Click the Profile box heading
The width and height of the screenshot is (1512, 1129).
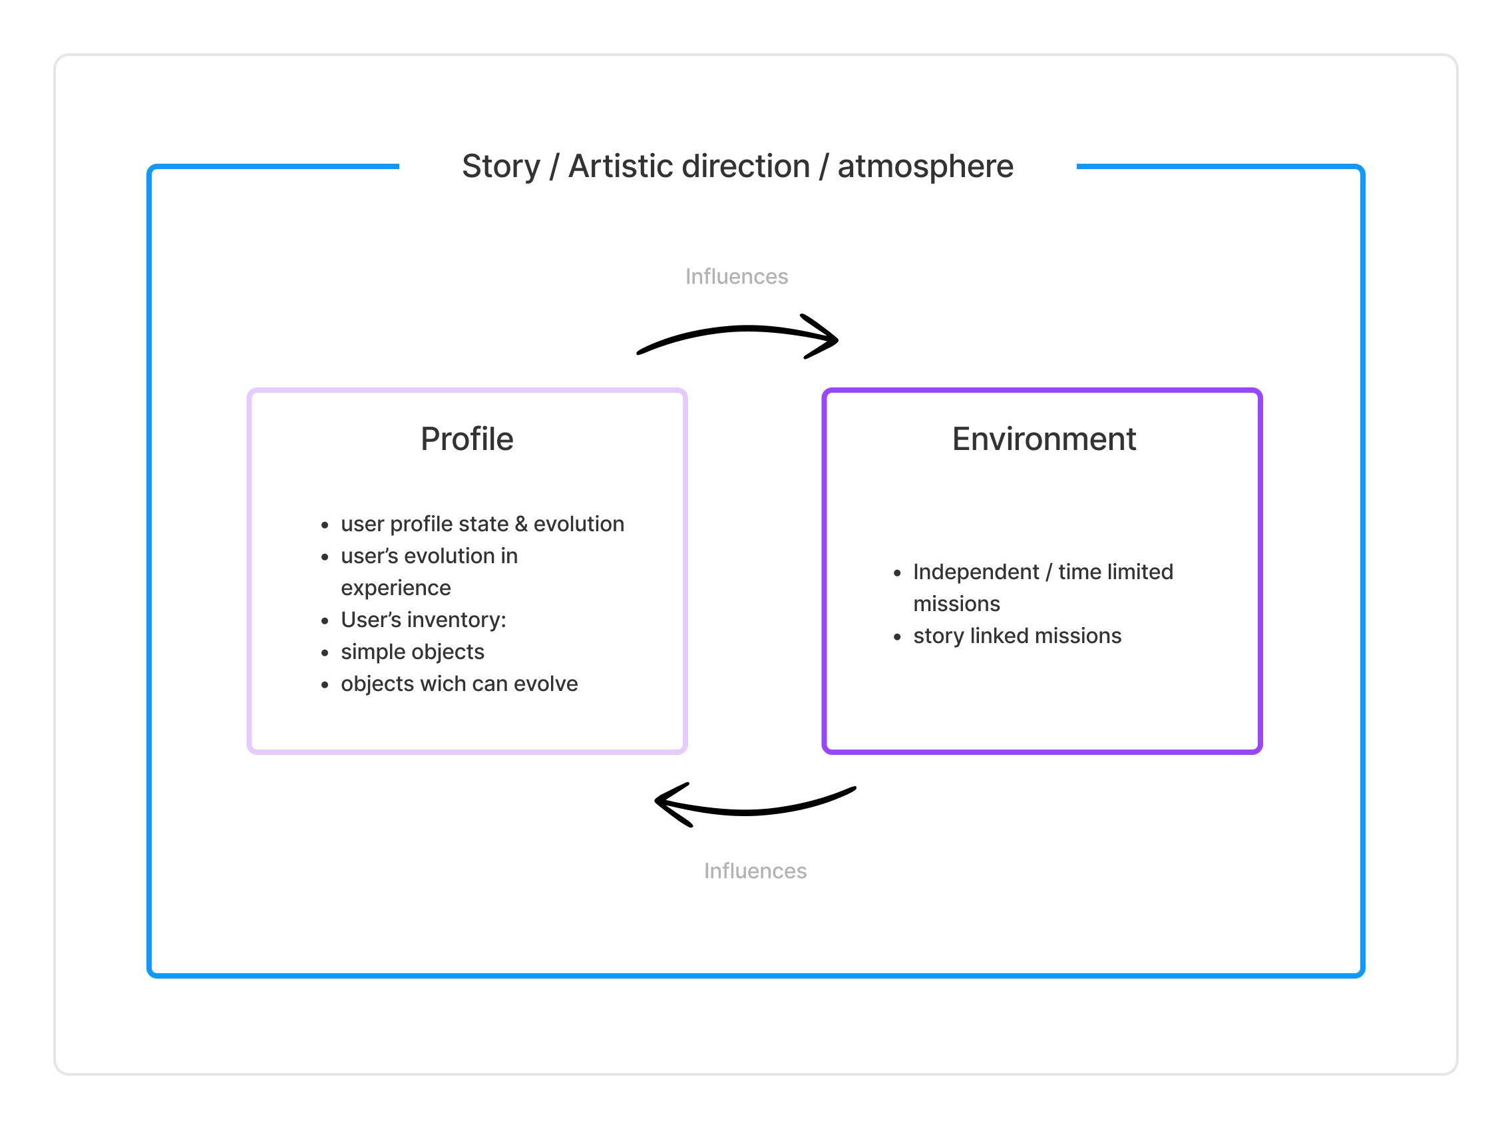click(467, 439)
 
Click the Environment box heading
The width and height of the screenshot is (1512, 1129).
click(1043, 439)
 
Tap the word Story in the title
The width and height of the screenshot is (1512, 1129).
click(501, 166)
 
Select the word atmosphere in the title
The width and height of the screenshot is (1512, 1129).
click(925, 166)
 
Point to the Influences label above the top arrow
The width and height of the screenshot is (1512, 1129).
click(737, 276)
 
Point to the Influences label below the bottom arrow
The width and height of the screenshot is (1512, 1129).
click(755, 871)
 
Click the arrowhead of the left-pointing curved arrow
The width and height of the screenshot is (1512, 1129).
click(666, 802)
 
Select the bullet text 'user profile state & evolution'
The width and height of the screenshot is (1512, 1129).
click(482, 524)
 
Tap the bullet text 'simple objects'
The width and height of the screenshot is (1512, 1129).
click(413, 652)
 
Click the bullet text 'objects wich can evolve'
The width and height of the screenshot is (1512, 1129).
click(459, 684)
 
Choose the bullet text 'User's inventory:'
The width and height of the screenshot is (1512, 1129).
click(424, 620)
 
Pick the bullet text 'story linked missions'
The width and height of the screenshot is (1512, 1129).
click(1018, 636)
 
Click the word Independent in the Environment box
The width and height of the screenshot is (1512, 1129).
click(976, 572)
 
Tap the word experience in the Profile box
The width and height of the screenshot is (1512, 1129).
click(395, 588)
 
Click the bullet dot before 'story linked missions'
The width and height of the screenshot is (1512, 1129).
click(897, 638)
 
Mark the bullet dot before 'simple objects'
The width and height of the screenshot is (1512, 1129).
click(325, 653)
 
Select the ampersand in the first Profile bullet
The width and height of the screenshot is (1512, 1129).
click(520, 524)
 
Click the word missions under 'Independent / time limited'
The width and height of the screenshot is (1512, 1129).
click(956, 604)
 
